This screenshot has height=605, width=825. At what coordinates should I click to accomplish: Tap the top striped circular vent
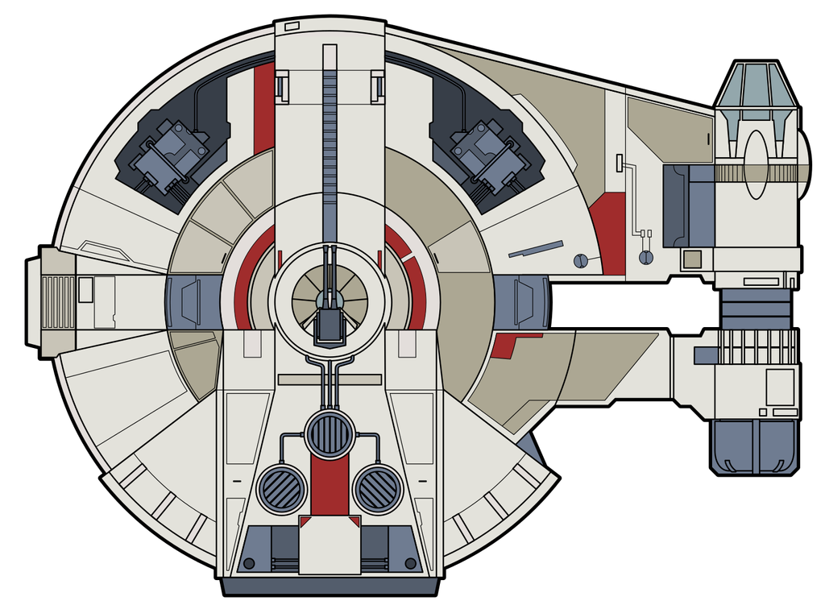tap(330, 433)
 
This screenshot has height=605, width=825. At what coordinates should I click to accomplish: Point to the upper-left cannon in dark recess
tap(172, 155)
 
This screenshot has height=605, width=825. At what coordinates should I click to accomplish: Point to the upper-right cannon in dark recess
tap(488, 155)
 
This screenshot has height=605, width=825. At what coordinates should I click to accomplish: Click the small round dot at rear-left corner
tap(249, 562)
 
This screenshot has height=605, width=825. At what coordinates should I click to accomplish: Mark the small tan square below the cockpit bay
tap(690, 259)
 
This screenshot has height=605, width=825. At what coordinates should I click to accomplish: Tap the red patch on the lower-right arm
tap(505, 345)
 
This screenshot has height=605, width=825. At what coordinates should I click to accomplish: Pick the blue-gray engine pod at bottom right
tap(753, 445)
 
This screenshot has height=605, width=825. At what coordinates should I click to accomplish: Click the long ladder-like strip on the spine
tap(330, 145)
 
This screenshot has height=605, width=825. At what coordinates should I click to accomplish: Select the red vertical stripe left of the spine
tap(263, 109)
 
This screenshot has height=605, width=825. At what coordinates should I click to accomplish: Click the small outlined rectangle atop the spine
tap(292, 27)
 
